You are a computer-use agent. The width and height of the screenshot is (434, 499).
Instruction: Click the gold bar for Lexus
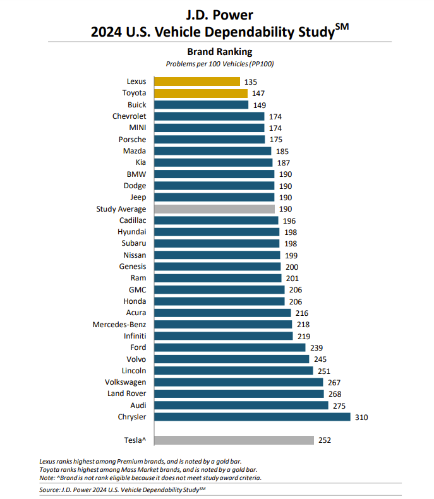[196, 81]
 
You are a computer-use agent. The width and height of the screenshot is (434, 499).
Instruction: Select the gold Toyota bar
[200, 93]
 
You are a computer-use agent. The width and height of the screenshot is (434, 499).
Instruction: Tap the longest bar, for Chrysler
[251, 417]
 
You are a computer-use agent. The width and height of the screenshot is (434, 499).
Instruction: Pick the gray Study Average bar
[213, 208]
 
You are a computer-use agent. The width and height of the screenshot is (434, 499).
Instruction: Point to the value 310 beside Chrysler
[361, 417]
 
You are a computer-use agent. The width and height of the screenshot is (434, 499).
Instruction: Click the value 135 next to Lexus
[251, 81]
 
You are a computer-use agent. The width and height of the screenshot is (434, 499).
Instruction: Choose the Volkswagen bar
[237, 382]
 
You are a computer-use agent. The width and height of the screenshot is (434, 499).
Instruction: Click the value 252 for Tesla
[325, 440]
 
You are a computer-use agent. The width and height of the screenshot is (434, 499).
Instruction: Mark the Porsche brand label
[132, 140]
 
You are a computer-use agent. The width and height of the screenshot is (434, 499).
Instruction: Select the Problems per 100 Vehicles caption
[219, 64]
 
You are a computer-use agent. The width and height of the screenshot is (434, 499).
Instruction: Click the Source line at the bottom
[123, 490]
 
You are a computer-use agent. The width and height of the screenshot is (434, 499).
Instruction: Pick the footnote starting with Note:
[150, 478]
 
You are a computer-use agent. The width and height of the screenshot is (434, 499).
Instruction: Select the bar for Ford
[228, 347]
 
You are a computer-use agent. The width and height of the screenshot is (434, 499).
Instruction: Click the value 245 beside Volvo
[320, 359]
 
